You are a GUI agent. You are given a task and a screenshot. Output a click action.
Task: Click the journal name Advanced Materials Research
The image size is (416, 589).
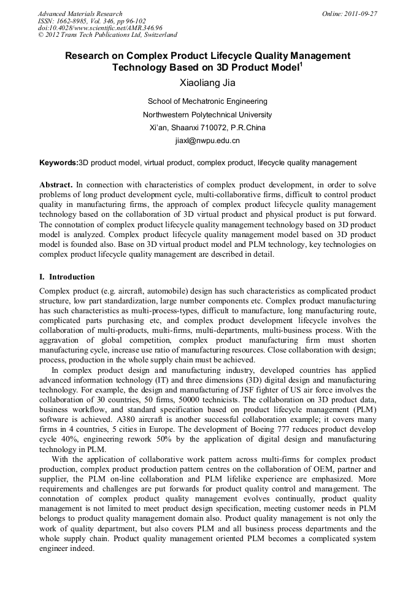click(80, 14)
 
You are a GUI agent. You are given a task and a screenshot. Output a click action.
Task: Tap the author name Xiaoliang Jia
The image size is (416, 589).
click(207, 83)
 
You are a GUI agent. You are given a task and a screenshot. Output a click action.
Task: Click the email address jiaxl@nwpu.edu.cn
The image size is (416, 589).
click(207, 141)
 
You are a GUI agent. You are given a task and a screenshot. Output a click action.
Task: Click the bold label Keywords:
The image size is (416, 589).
click(59, 163)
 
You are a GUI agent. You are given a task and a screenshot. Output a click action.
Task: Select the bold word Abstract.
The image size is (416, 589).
click(56, 185)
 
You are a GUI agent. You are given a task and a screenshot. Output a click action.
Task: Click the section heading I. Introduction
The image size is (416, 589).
click(67, 277)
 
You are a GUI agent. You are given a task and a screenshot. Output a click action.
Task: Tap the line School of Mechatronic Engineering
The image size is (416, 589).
click(207, 101)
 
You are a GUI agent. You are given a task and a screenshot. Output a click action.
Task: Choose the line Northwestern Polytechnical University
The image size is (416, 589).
click(207, 115)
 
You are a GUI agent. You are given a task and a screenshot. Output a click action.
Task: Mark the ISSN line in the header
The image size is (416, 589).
click(91, 21)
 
